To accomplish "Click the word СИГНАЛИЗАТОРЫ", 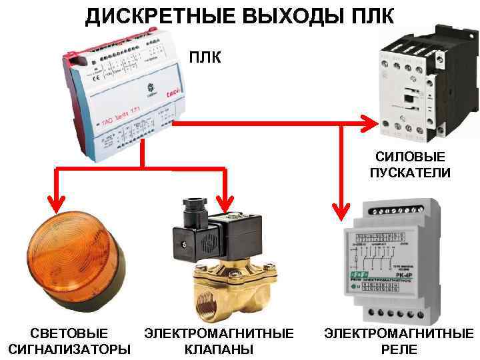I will [69, 349].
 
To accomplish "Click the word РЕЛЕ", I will [399, 349].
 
